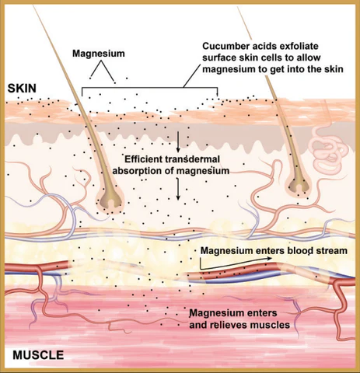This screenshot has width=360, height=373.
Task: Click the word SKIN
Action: click(22, 89)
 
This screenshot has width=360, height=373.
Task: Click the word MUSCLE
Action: click(38, 355)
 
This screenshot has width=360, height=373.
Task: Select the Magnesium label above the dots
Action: click(99, 54)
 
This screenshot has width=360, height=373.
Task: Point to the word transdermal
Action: click(192, 159)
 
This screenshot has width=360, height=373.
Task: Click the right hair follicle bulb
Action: click(299, 185)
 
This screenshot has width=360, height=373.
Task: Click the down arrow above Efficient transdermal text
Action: click(178, 141)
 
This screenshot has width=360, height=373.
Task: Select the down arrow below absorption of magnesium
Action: click(178, 189)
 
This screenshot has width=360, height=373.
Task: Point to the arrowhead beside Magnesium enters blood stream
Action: click(269, 258)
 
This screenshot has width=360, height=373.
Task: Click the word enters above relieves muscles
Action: click(262, 313)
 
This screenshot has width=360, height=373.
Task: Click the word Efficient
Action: click(143, 159)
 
